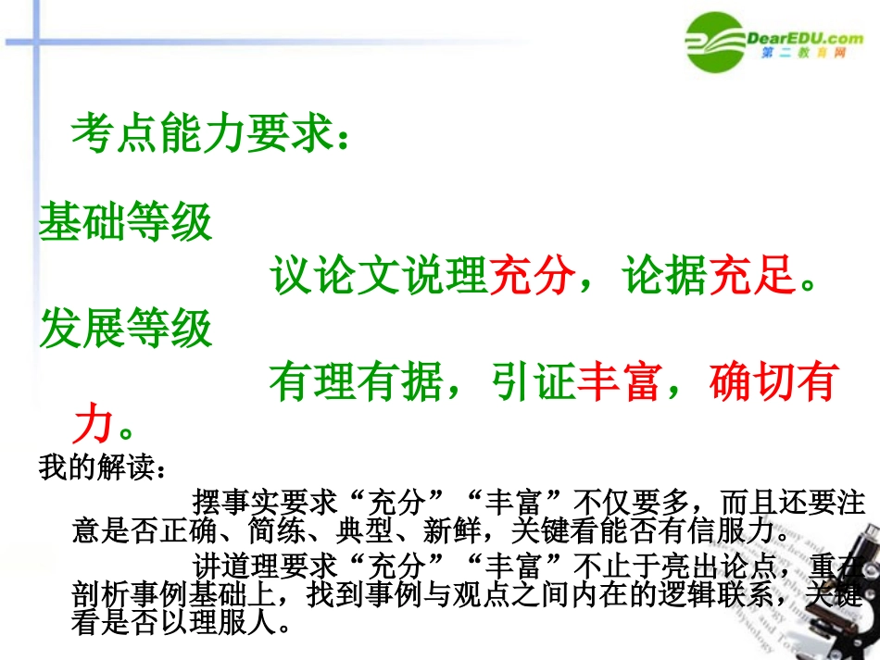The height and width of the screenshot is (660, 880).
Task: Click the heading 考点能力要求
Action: [x=211, y=134]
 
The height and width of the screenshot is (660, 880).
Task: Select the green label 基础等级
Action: [x=126, y=223]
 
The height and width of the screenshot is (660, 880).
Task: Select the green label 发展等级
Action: [x=126, y=328]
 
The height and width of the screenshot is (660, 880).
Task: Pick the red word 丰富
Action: [x=620, y=382]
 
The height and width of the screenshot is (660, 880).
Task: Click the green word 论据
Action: [x=664, y=276]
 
